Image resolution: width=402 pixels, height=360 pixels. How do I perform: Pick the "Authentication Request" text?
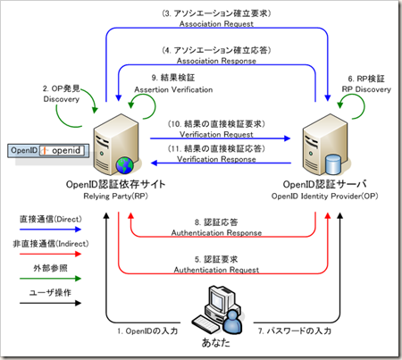(x=217, y=267)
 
